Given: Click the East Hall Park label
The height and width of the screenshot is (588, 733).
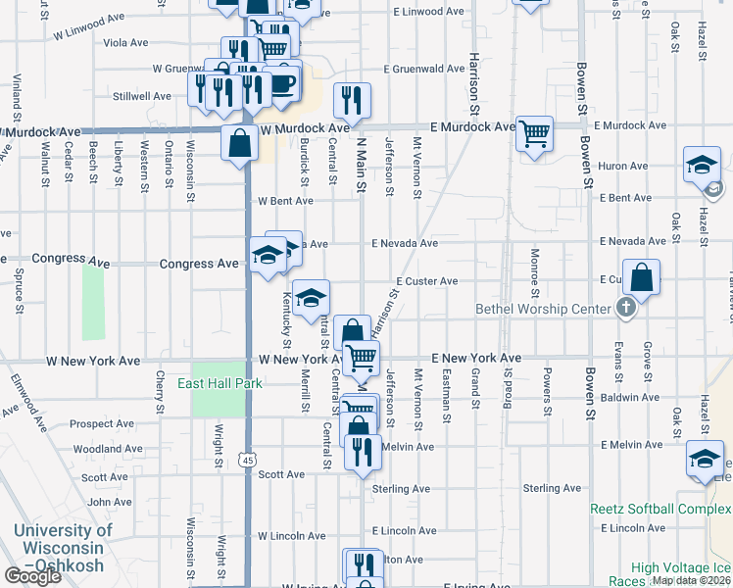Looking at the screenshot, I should (x=220, y=383).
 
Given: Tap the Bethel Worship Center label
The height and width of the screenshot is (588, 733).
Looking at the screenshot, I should (x=542, y=309).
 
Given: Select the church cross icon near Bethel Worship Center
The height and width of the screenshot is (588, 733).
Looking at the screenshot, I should (x=626, y=309).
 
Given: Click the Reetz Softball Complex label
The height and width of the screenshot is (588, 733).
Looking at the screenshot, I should (x=660, y=509).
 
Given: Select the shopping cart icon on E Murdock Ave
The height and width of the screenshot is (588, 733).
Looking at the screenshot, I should (x=535, y=132).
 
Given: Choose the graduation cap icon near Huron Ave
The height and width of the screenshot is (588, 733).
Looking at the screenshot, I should (x=702, y=164).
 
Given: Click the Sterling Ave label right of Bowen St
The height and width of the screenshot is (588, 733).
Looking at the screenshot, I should (x=553, y=488).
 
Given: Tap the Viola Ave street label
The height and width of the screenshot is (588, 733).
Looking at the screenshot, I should (x=125, y=43).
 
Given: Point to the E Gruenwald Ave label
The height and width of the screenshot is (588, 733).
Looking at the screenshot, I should (x=424, y=70).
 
